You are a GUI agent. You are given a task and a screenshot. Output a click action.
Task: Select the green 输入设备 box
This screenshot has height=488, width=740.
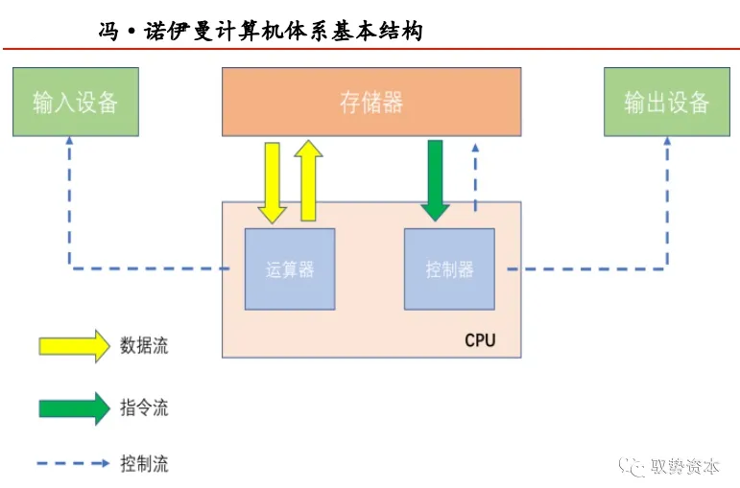75,102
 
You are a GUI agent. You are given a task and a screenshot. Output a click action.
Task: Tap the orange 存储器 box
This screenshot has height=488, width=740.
371,102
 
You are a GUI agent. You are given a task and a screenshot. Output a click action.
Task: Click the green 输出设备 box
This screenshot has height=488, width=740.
666,102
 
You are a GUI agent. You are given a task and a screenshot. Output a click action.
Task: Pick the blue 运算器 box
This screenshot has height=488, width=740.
290,269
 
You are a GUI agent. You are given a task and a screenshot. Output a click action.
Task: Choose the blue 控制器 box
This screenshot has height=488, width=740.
449,269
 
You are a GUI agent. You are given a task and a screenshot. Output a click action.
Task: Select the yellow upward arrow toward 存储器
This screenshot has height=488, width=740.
309,180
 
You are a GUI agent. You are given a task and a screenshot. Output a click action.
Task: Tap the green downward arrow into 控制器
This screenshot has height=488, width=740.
435,179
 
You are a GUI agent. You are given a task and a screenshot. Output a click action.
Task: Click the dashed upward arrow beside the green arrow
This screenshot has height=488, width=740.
474,177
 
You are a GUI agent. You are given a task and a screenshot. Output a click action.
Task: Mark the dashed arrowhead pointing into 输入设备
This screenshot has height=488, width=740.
69,141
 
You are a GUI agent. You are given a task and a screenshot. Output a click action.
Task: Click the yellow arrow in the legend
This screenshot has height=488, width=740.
74,346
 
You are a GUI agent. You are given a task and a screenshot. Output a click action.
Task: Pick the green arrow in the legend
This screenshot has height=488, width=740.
74,407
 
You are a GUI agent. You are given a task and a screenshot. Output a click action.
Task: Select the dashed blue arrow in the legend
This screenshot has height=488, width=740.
74,464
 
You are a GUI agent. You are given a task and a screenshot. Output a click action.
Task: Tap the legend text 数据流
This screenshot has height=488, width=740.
144,346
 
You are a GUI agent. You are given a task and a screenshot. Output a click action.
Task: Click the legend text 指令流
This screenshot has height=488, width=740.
144,407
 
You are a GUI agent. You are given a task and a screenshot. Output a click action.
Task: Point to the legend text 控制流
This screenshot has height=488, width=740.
144,465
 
